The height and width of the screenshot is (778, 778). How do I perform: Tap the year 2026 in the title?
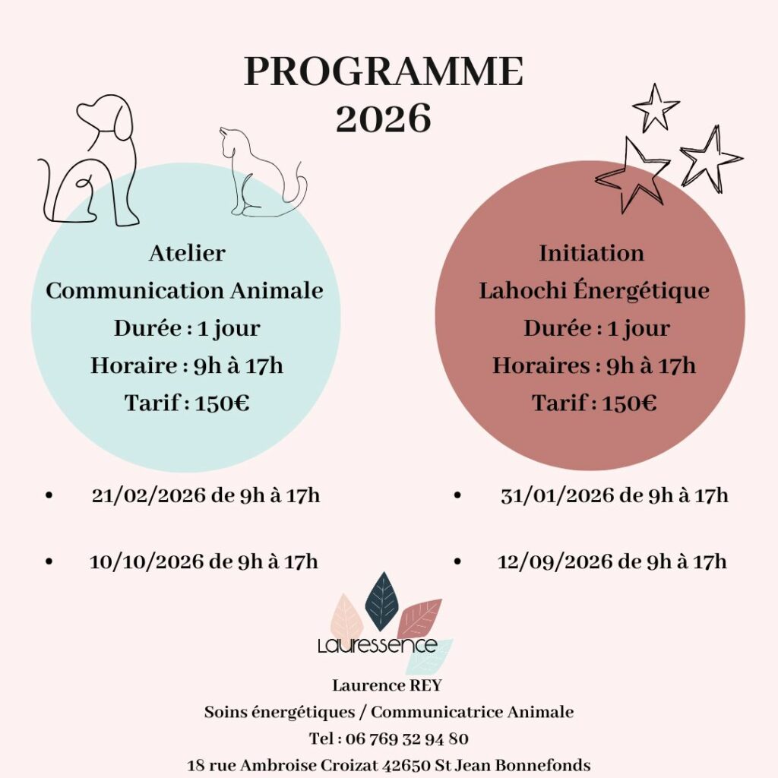(384, 119)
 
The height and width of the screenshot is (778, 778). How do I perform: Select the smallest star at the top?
(655, 106)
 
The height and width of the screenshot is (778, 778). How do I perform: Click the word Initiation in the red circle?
(591, 253)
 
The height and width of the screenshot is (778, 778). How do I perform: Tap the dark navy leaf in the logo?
(381, 602)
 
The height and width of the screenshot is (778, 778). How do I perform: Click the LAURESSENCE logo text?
(378, 646)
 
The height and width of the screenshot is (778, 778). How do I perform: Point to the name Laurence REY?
(387, 685)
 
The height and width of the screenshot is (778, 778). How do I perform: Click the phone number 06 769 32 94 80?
(407, 738)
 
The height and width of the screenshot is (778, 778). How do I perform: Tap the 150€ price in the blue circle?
(222, 403)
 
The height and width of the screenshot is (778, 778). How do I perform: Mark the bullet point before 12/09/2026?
(457, 562)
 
